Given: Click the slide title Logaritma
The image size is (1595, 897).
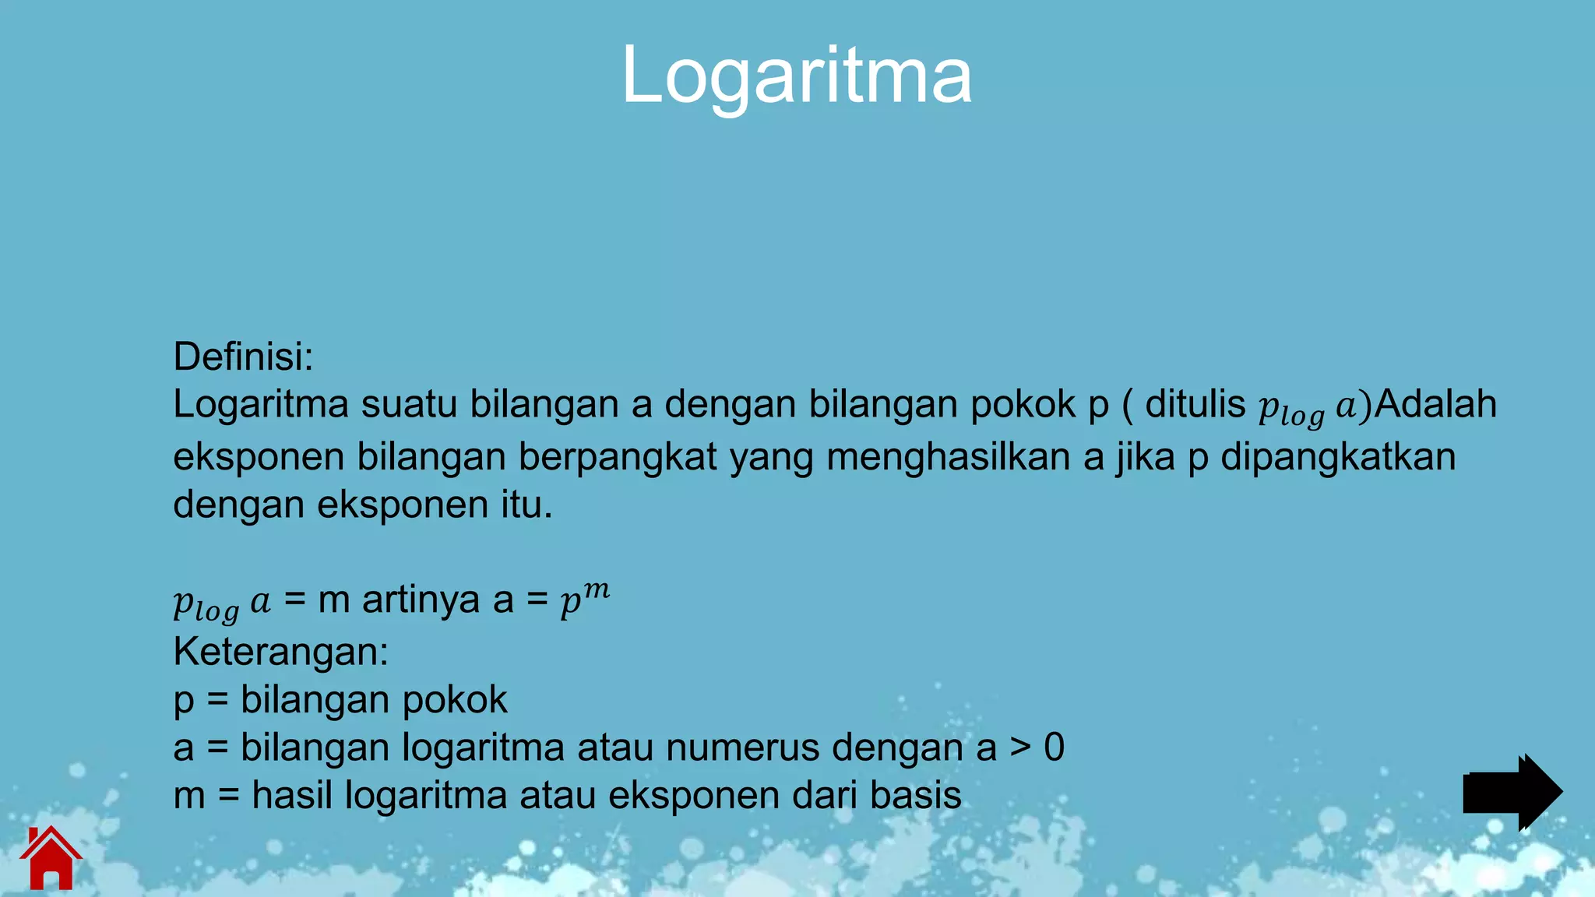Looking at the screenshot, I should pos(796,76).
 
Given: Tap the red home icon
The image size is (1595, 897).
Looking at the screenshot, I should pos(51,858).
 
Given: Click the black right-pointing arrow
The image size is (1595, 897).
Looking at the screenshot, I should pos(1512,792).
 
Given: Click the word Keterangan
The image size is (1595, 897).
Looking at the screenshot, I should pos(280,652).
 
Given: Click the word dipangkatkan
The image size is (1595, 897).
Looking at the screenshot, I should pos(1337,456).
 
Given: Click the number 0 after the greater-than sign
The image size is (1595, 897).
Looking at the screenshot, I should pos(1054,747).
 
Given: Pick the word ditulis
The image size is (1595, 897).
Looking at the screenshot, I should pos(1195,404).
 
